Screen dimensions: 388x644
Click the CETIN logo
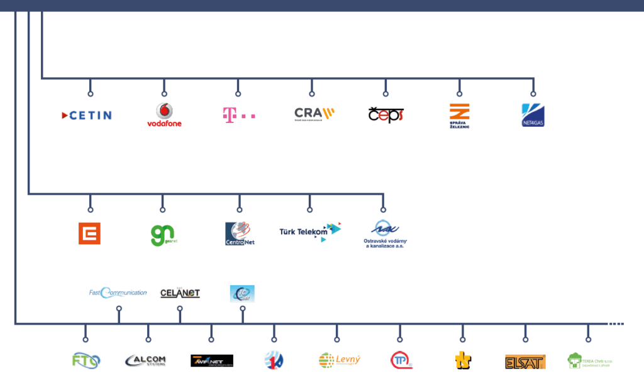[87, 115]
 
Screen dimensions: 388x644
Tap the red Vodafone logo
[164, 115]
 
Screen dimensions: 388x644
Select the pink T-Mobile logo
[239, 115]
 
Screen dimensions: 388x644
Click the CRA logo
[314, 114]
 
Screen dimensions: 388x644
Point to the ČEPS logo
[386, 115]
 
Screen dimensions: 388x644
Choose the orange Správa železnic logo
[460, 115]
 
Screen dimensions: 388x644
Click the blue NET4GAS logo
[533, 115]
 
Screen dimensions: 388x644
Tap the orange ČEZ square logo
[89, 234]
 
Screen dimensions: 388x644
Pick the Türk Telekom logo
[310, 231]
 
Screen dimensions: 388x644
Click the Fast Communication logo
[118, 292]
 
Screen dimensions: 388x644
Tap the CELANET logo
[180, 293]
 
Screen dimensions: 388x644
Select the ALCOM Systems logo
[146, 360]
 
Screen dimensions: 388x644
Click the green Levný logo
[340, 360]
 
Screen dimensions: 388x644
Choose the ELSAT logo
[525, 362]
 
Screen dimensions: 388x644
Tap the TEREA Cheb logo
[589, 360]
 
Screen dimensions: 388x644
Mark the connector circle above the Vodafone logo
[164, 94]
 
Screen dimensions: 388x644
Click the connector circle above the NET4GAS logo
[533, 94]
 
